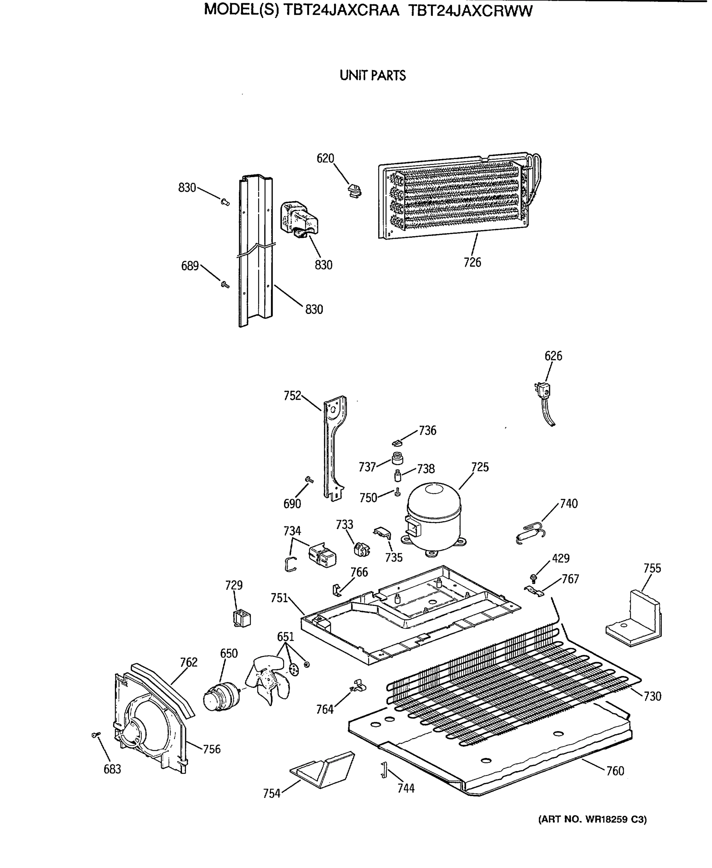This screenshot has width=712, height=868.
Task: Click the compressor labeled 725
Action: point(434,517)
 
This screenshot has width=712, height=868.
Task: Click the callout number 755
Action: point(652,568)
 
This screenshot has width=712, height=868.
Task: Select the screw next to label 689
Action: point(225,284)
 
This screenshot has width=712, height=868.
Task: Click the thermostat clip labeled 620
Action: point(354,190)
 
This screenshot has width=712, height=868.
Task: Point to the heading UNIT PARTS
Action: point(372,76)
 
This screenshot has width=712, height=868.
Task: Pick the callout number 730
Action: point(652,697)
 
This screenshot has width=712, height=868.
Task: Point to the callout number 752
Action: point(293,396)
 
